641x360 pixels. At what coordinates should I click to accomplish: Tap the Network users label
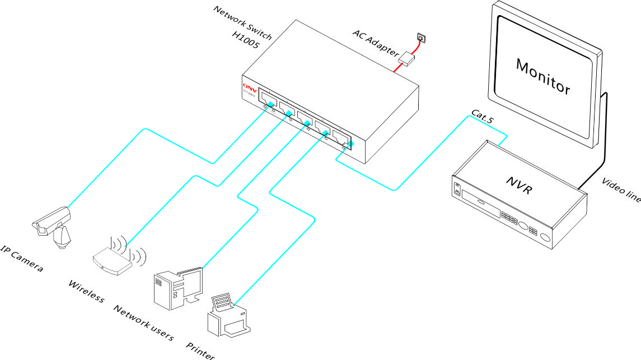point(144,323)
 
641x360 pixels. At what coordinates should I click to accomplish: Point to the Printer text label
point(201,348)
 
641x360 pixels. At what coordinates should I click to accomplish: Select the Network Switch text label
point(243,23)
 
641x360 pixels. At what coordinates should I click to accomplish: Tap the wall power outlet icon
point(420,38)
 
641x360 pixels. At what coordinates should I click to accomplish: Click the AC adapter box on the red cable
point(407,57)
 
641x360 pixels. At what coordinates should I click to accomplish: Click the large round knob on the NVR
point(525,226)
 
